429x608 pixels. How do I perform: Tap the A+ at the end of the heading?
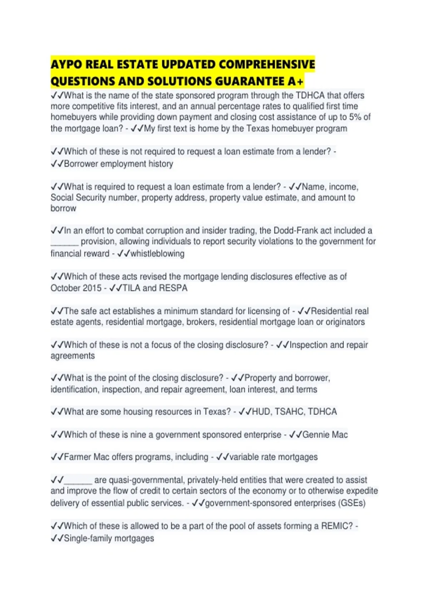tap(295, 82)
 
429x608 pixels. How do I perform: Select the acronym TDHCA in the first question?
tap(310, 95)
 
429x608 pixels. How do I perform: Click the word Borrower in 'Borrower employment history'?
tap(81, 164)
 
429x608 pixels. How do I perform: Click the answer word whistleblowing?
tap(157, 254)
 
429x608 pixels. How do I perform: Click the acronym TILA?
tap(132, 288)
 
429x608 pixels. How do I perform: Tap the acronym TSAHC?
tap(290, 412)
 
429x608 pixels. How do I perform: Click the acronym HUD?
tap(261, 412)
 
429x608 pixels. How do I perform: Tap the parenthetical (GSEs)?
tap(351, 503)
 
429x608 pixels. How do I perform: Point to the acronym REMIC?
tap(337, 526)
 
